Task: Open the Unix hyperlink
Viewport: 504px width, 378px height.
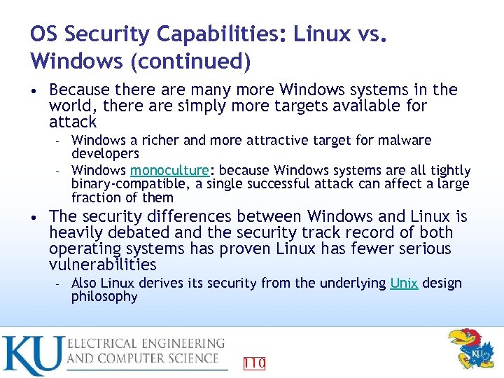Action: [404, 283]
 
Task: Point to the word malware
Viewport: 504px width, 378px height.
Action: [408, 140]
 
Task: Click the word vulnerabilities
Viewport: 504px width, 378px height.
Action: [103, 265]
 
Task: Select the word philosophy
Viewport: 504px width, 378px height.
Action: [104, 296]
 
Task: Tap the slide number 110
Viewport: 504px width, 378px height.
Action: [254, 363]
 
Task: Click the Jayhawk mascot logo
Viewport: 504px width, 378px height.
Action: [470, 349]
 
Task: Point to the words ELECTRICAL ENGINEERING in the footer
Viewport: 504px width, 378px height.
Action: [146, 344]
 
